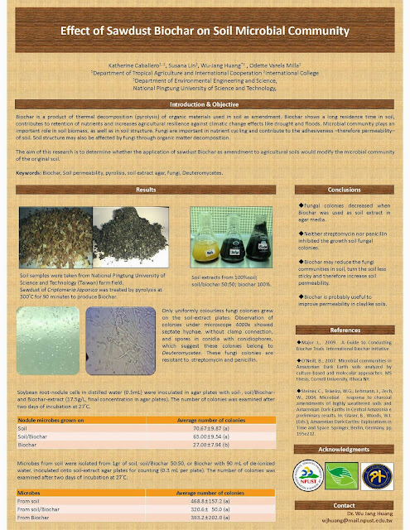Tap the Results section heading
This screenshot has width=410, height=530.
(145, 191)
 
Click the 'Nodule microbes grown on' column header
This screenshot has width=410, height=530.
(51, 422)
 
